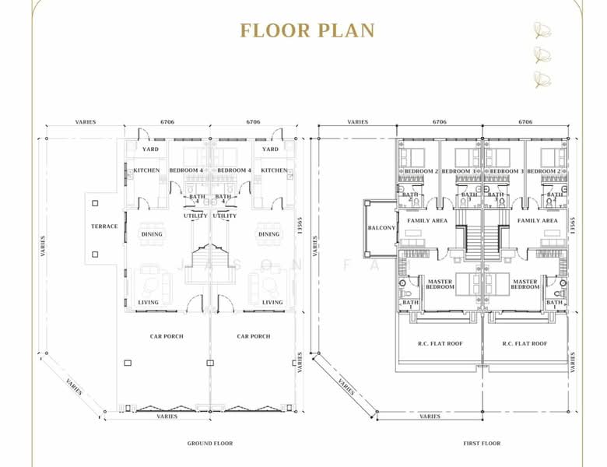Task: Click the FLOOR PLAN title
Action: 307,30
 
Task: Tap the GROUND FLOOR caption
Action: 210,444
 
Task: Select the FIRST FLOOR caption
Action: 482,444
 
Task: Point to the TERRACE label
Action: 105,226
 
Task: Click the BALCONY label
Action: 381,227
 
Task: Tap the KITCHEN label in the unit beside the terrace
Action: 146,170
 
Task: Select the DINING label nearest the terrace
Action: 151,234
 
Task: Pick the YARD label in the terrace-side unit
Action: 149,149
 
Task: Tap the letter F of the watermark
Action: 353,265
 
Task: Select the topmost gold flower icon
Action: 541,30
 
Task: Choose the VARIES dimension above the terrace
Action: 86,122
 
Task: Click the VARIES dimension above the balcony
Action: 358,122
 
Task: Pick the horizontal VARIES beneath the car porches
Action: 167,416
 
